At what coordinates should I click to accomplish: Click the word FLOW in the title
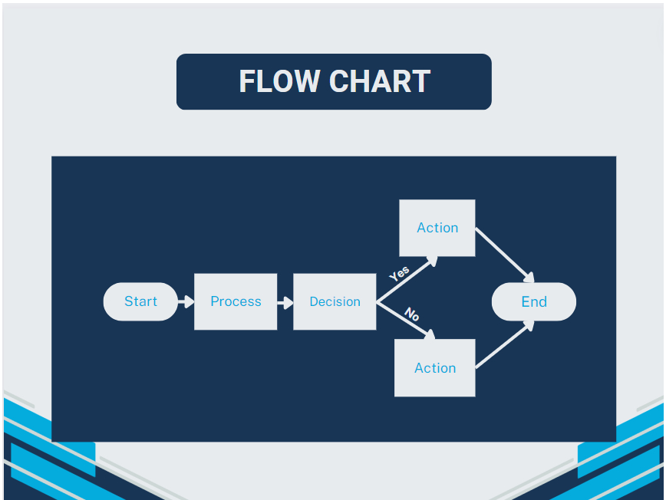pyautogui.click(x=279, y=81)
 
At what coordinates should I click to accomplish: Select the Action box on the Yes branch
pyautogui.click(x=437, y=228)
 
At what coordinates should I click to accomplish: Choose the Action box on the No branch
pyautogui.click(x=435, y=368)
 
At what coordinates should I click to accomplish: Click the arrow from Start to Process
pyautogui.click(x=185, y=302)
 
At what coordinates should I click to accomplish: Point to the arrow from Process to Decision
pyautogui.click(x=285, y=302)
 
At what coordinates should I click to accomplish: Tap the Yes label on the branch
pyautogui.click(x=399, y=274)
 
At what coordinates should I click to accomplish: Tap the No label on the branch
pyautogui.click(x=412, y=314)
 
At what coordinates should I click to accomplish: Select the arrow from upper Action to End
pyautogui.click(x=504, y=254)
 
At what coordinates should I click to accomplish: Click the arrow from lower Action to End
pyautogui.click(x=504, y=345)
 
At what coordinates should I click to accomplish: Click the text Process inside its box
pyautogui.click(x=236, y=301)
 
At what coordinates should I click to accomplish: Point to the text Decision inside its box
pyautogui.click(x=335, y=302)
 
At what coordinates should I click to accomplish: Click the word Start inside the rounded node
pyautogui.click(x=140, y=301)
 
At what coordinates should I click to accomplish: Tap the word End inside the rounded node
pyautogui.click(x=534, y=301)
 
